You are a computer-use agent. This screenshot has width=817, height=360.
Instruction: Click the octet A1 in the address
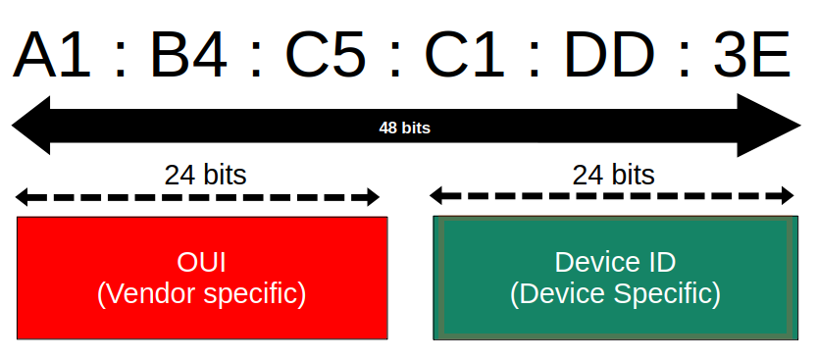click(x=53, y=56)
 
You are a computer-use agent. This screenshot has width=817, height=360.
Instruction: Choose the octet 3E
click(x=750, y=56)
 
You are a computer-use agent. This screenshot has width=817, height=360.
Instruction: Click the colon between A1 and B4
click(x=121, y=59)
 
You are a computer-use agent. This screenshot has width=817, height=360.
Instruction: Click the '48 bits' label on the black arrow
click(x=404, y=127)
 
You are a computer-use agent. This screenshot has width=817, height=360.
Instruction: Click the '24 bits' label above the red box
click(x=205, y=175)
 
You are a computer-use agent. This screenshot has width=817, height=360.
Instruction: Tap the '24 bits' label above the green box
click(x=613, y=175)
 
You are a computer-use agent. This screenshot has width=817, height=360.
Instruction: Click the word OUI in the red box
click(x=201, y=262)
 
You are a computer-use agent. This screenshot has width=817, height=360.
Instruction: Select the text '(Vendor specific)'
click(x=201, y=293)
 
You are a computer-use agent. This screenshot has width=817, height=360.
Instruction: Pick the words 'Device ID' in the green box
click(x=615, y=262)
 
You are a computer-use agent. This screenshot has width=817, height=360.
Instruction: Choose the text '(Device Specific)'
click(x=615, y=293)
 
